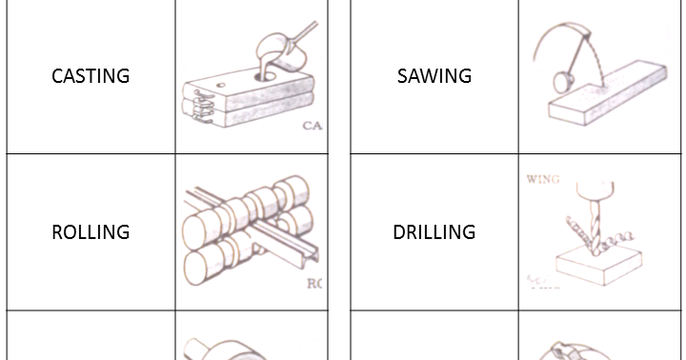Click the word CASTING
(x=91, y=76)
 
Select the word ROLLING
(x=91, y=232)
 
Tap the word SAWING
(x=434, y=76)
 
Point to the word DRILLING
(x=434, y=232)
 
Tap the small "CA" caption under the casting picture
(x=313, y=125)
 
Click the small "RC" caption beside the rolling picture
(x=314, y=283)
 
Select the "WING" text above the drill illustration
(x=543, y=179)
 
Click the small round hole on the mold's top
(x=222, y=84)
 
